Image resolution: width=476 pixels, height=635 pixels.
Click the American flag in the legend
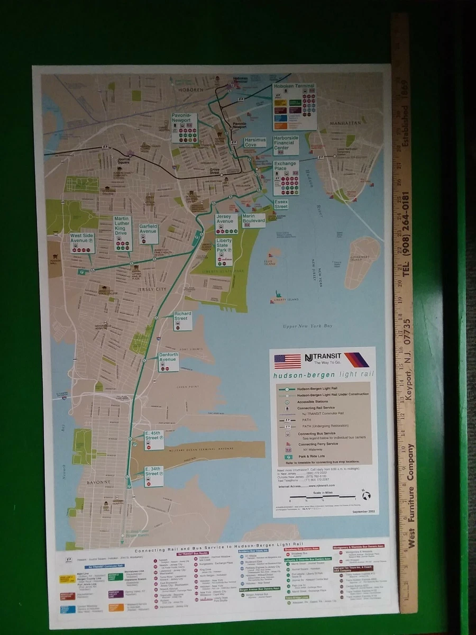[287, 361]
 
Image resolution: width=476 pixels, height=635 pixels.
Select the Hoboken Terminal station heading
[294, 86]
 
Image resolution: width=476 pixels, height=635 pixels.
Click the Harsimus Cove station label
[255, 142]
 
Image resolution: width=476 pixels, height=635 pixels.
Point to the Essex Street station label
[281, 204]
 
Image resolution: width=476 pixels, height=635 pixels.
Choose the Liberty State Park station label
[224, 245]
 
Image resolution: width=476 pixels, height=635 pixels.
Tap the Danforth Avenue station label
[168, 358]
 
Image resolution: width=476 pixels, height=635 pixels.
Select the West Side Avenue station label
[82, 238]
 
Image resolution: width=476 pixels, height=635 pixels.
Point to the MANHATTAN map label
[345, 123]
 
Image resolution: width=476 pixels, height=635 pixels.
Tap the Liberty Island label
[286, 300]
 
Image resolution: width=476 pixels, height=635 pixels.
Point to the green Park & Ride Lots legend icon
[289, 456]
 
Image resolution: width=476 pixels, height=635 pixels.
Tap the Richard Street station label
[182, 316]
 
